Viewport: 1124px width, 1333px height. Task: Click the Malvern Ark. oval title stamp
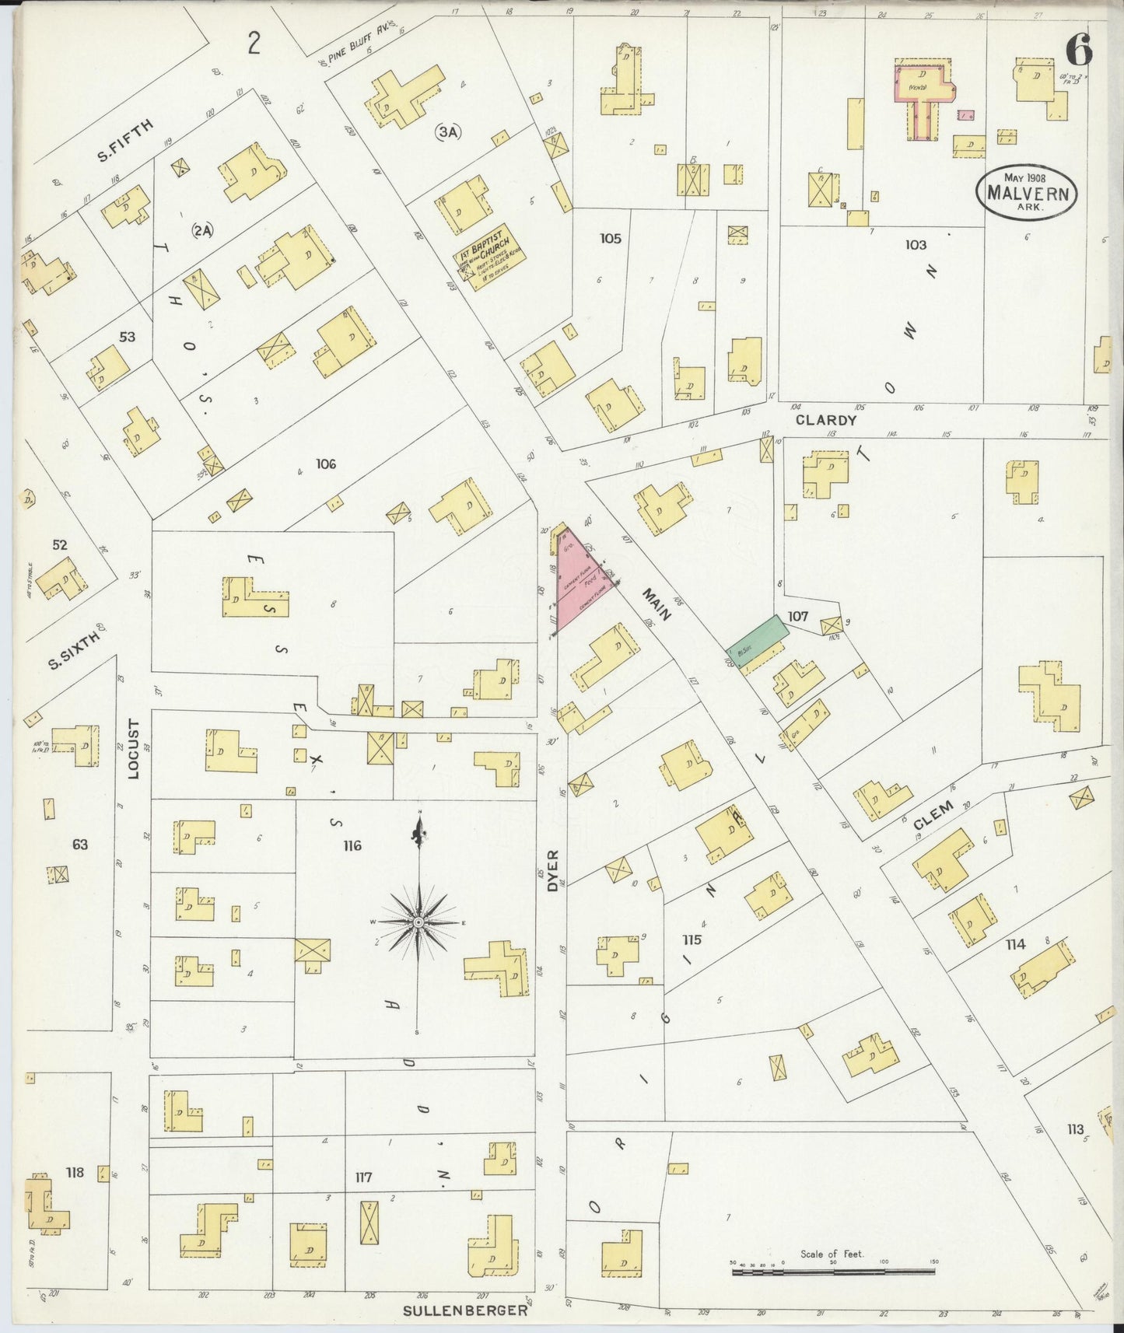pyautogui.click(x=1027, y=192)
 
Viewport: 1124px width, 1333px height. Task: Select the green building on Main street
pyautogui.click(x=758, y=636)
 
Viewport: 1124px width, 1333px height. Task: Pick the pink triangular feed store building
pyautogui.click(x=580, y=579)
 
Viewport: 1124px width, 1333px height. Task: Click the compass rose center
pyautogui.click(x=418, y=922)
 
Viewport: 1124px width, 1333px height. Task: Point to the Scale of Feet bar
pyautogui.click(x=833, y=1272)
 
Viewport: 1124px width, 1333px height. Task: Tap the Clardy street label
pyautogui.click(x=825, y=420)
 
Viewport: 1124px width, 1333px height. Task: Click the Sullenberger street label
pyautogui.click(x=465, y=1310)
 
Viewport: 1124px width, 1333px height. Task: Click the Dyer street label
pyautogui.click(x=553, y=869)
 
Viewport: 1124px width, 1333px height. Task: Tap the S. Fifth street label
pyautogui.click(x=125, y=139)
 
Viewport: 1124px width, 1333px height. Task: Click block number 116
pyautogui.click(x=352, y=845)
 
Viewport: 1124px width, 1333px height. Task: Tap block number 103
pyautogui.click(x=916, y=244)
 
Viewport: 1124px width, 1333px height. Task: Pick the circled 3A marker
pyautogui.click(x=448, y=132)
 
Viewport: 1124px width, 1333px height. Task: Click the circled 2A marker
pyautogui.click(x=203, y=230)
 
